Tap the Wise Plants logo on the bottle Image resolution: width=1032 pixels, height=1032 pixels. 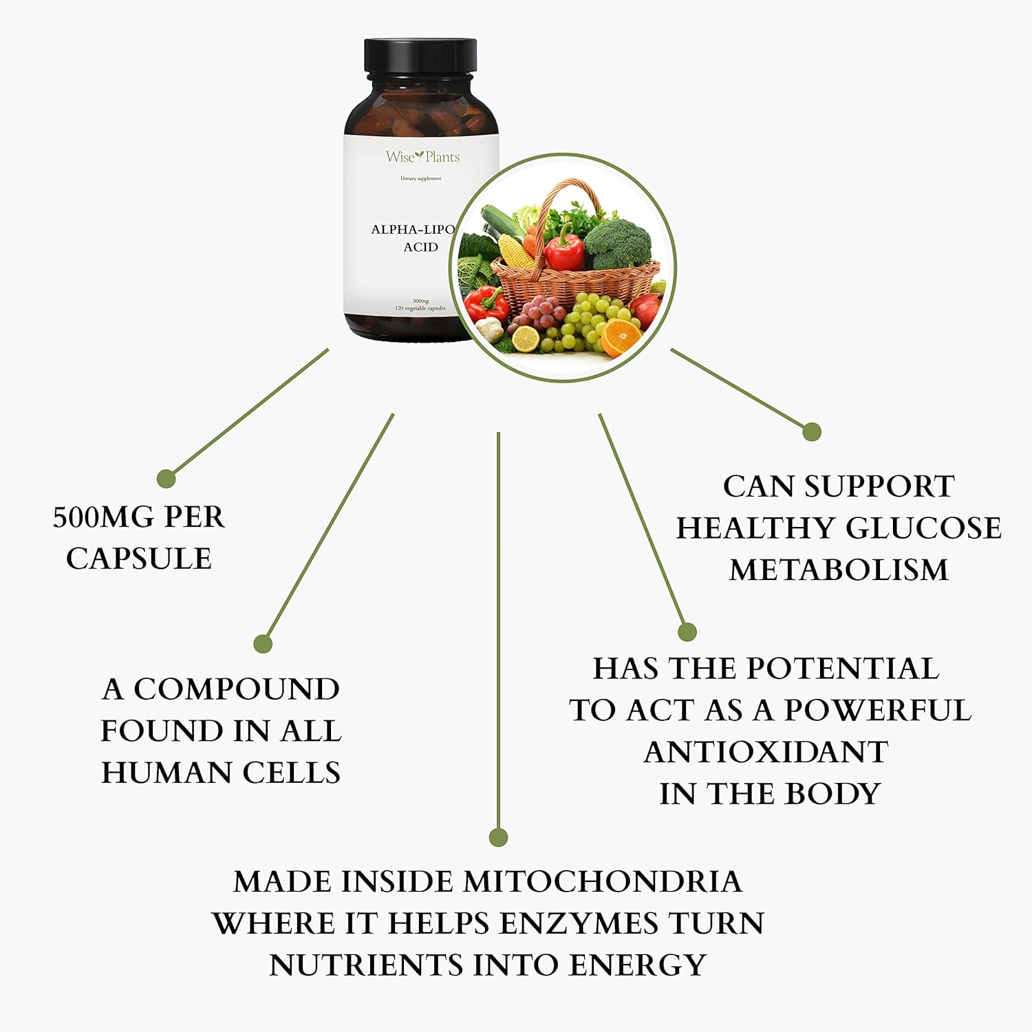click(422, 157)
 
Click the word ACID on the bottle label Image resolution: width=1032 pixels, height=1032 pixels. click(420, 247)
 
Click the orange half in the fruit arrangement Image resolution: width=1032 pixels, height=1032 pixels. click(621, 335)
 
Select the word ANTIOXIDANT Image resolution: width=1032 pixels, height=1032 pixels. click(766, 752)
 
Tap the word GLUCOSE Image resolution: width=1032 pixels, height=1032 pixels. click(923, 528)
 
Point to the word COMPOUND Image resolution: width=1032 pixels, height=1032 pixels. click(236, 689)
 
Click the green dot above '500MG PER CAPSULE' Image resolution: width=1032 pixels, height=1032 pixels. click(166, 478)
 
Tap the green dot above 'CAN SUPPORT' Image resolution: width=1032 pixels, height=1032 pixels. click(812, 432)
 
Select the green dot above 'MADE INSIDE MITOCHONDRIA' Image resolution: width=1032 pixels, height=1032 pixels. click(498, 837)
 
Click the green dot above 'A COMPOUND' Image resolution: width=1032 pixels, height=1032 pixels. click(263, 643)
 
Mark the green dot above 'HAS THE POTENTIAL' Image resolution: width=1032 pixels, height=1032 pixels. click(687, 632)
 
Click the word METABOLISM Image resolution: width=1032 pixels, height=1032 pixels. click(839, 570)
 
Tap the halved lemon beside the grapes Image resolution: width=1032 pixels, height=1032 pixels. click(526, 338)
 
